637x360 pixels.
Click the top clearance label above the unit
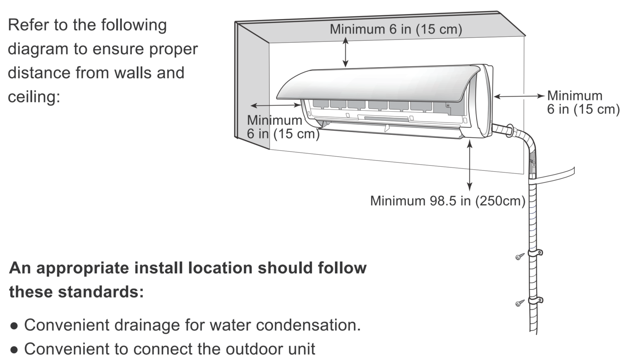pos(396,29)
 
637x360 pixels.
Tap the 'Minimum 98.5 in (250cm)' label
pos(447,201)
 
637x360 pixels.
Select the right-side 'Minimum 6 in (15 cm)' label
pos(583,102)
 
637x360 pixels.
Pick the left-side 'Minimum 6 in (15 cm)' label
pos(283,127)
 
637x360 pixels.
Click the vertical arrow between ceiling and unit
pos(345,52)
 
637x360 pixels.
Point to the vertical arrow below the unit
pos(469,165)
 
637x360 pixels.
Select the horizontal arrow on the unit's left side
pos(276,105)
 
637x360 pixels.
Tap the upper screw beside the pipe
pos(520,257)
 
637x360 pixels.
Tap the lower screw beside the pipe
pos(520,304)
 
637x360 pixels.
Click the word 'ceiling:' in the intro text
pos(34,97)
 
